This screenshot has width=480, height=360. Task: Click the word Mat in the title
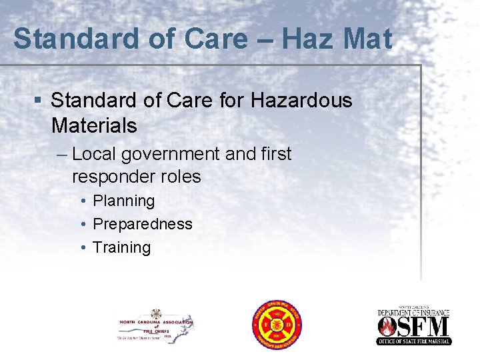click(369, 39)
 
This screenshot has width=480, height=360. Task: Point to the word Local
click(93, 155)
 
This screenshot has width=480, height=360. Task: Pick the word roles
click(181, 177)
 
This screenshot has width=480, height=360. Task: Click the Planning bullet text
click(123, 201)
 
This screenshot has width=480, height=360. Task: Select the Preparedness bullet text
click(143, 225)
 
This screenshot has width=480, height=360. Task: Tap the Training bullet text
click(122, 248)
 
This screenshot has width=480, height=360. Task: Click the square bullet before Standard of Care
click(39, 101)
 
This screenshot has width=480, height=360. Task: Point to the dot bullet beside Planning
click(83, 201)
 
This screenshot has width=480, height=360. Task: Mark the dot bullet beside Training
click(83, 248)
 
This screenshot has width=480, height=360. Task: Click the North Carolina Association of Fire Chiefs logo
click(155, 325)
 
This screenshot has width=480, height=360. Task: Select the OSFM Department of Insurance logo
click(414, 325)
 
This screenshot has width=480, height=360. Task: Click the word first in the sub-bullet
click(275, 154)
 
